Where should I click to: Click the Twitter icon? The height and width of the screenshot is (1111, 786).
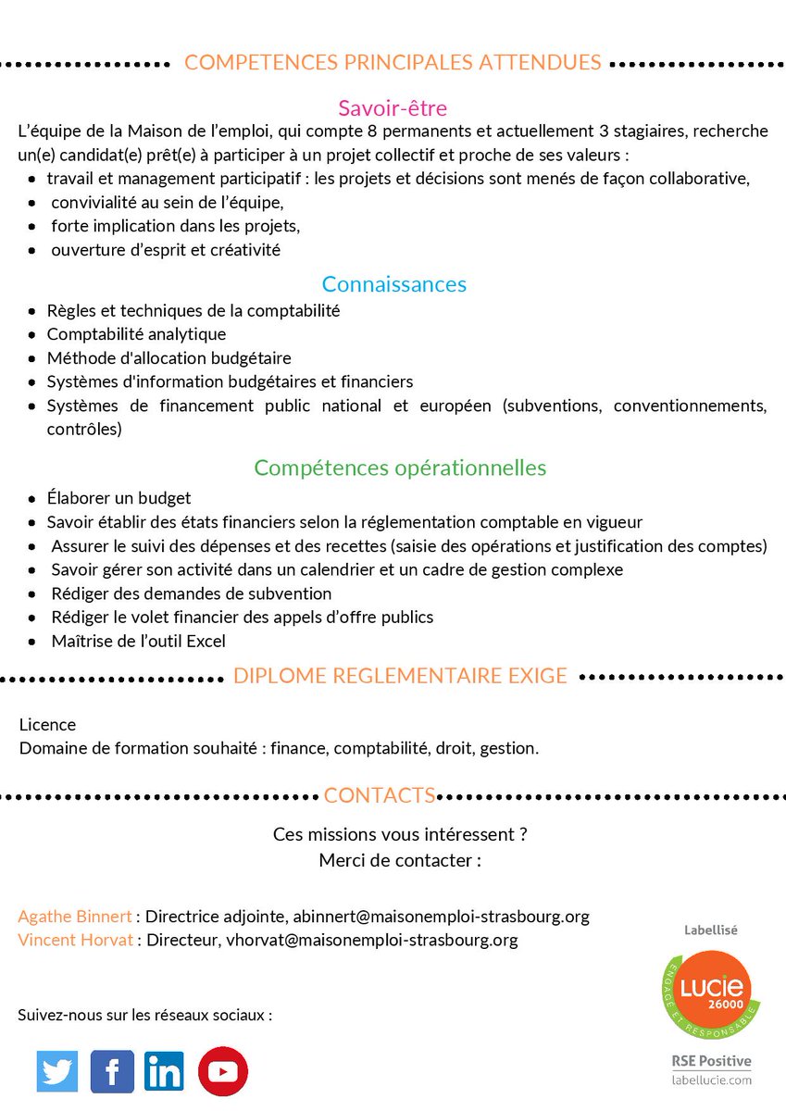[x=57, y=1071]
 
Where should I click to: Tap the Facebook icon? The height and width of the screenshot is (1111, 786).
[x=112, y=1071]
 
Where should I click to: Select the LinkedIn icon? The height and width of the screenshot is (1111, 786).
[x=164, y=1071]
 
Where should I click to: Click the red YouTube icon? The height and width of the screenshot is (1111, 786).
[x=222, y=1071]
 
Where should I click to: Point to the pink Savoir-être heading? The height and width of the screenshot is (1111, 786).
[x=393, y=109]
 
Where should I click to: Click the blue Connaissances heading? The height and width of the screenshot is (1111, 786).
[x=393, y=284]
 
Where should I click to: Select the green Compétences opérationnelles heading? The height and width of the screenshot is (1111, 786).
[x=400, y=468]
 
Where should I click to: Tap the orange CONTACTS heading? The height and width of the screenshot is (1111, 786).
[x=380, y=795]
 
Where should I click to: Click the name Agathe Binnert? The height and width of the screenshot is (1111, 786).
[x=75, y=917]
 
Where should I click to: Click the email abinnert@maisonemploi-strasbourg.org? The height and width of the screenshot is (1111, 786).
[x=441, y=917]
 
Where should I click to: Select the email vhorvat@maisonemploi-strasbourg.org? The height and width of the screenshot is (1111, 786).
[x=372, y=941]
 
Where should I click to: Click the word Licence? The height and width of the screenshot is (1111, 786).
[x=47, y=725]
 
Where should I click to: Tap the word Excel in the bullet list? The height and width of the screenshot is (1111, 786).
[x=207, y=641]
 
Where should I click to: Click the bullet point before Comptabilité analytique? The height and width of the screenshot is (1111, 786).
[x=32, y=335]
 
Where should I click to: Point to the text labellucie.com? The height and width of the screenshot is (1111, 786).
[x=711, y=1080]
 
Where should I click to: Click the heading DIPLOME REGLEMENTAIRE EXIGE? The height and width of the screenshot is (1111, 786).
[x=400, y=676]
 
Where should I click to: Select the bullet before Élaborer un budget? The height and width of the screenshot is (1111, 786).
[x=32, y=500]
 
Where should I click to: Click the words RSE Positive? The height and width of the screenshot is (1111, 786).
[x=711, y=1061]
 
